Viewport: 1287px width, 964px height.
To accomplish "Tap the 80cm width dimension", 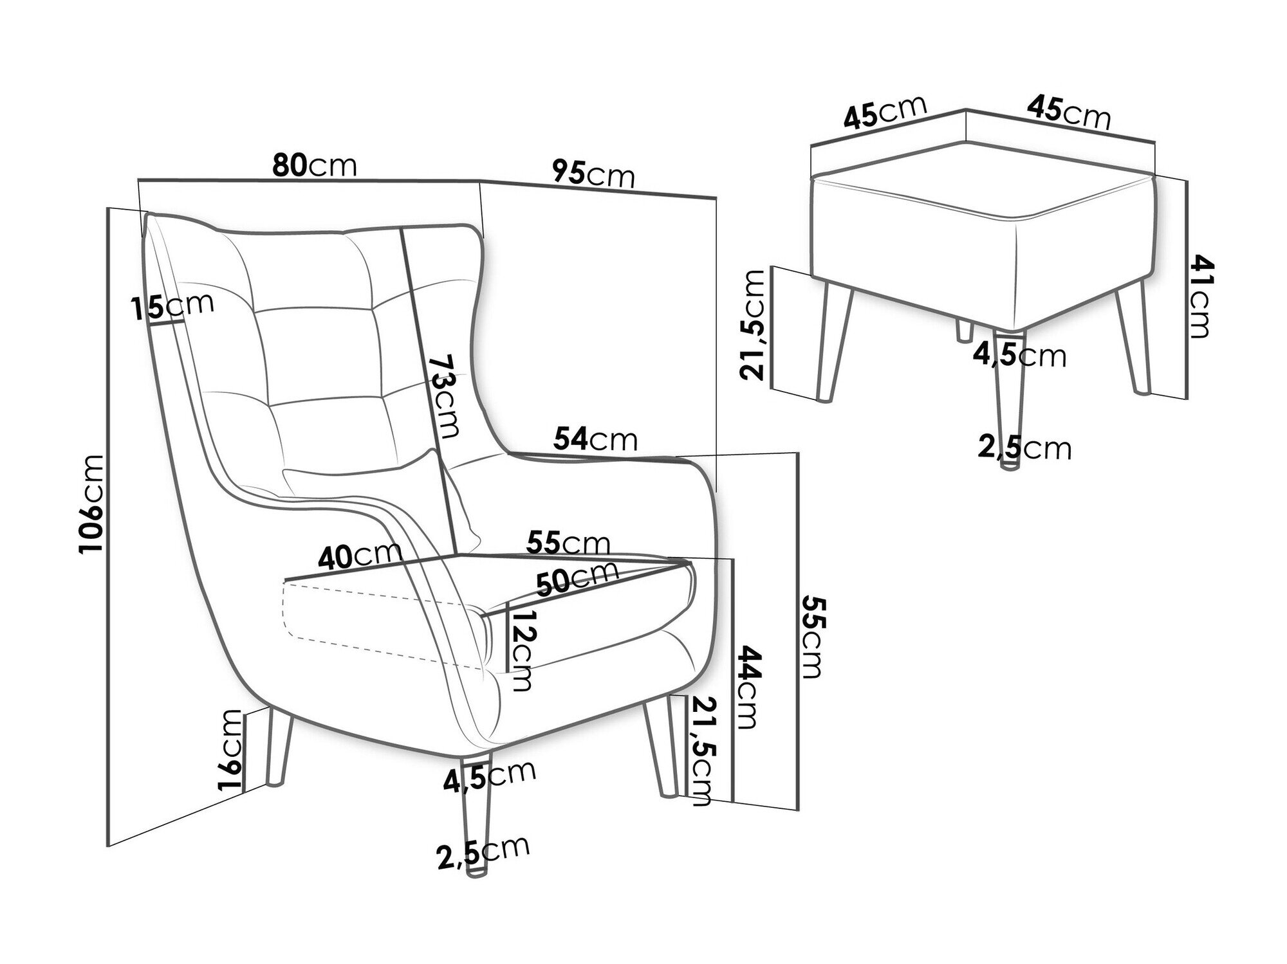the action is [x=314, y=165].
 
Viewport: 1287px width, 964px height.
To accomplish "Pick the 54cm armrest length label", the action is [x=595, y=439].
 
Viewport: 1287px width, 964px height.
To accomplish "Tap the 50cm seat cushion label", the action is [x=577, y=578].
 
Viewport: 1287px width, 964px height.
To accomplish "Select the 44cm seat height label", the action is [x=748, y=687].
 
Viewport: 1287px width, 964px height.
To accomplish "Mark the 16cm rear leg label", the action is [x=232, y=750].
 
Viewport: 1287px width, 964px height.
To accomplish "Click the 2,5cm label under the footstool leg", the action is [x=1024, y=448].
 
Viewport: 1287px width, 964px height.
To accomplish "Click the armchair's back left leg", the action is [x=279, y=746].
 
